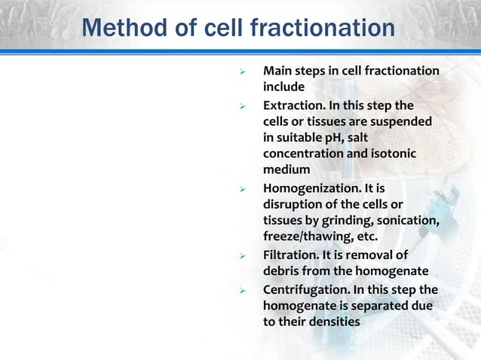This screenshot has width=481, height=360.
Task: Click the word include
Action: (283, 87)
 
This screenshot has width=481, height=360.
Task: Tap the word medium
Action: (286, 171)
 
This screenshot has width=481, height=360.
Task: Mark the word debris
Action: (282, 272)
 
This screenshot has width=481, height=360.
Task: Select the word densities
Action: (319, 322)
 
